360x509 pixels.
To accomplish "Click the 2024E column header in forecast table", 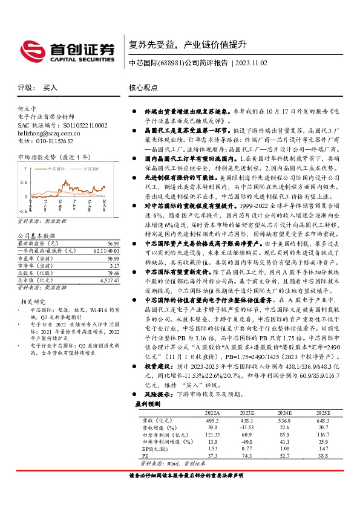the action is (284, 412).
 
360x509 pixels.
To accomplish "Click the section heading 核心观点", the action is (143, 88).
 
